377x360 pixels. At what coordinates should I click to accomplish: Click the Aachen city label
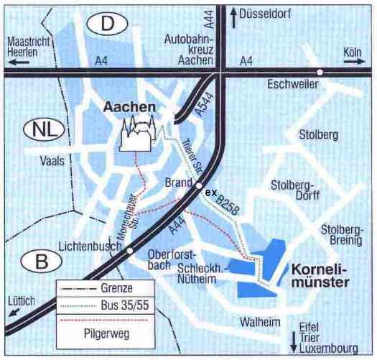click(129, 107)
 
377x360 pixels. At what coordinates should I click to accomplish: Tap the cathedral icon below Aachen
click(136, 136)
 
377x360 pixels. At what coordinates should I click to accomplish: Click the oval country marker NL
click(44, 130)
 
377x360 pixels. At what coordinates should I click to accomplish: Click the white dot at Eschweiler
click(320, 72)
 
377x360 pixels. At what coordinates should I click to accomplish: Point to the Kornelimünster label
click(320, 277)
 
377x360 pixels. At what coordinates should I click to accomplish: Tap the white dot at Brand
click(198, 186)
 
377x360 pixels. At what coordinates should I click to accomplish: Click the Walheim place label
click(261, 323)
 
